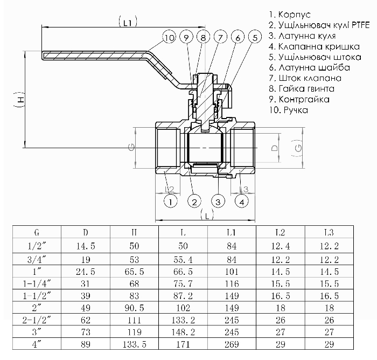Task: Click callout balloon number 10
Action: click(x=169, y=38)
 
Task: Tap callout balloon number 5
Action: click(x=255, y=37)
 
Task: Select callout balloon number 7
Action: click(x=220, y=37)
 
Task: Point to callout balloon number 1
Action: click(x=171, y=202)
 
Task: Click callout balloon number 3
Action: click(x=218, y=202)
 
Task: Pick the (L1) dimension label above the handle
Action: click(x=128, y=22)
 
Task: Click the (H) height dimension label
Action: click(x=20, y=99)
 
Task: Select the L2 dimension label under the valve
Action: click(x=169, y=189)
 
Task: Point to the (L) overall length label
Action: click(x=207, y=215)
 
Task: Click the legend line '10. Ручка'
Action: click(x=289, y=110)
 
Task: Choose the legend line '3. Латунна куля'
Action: click(x=302, y=36)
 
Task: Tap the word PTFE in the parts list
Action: click(x=360, y=25)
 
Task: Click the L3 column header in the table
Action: click(x=329, y=232)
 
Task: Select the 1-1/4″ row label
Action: click(x=37, y=283)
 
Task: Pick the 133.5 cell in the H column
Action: click(x=135, y=344)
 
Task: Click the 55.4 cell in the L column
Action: click(x=183, y=260)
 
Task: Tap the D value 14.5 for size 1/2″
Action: click(x=86, y=246)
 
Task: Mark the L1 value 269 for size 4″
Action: click(x=232, y=344)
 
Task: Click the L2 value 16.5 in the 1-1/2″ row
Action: click(x=281, y=296)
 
